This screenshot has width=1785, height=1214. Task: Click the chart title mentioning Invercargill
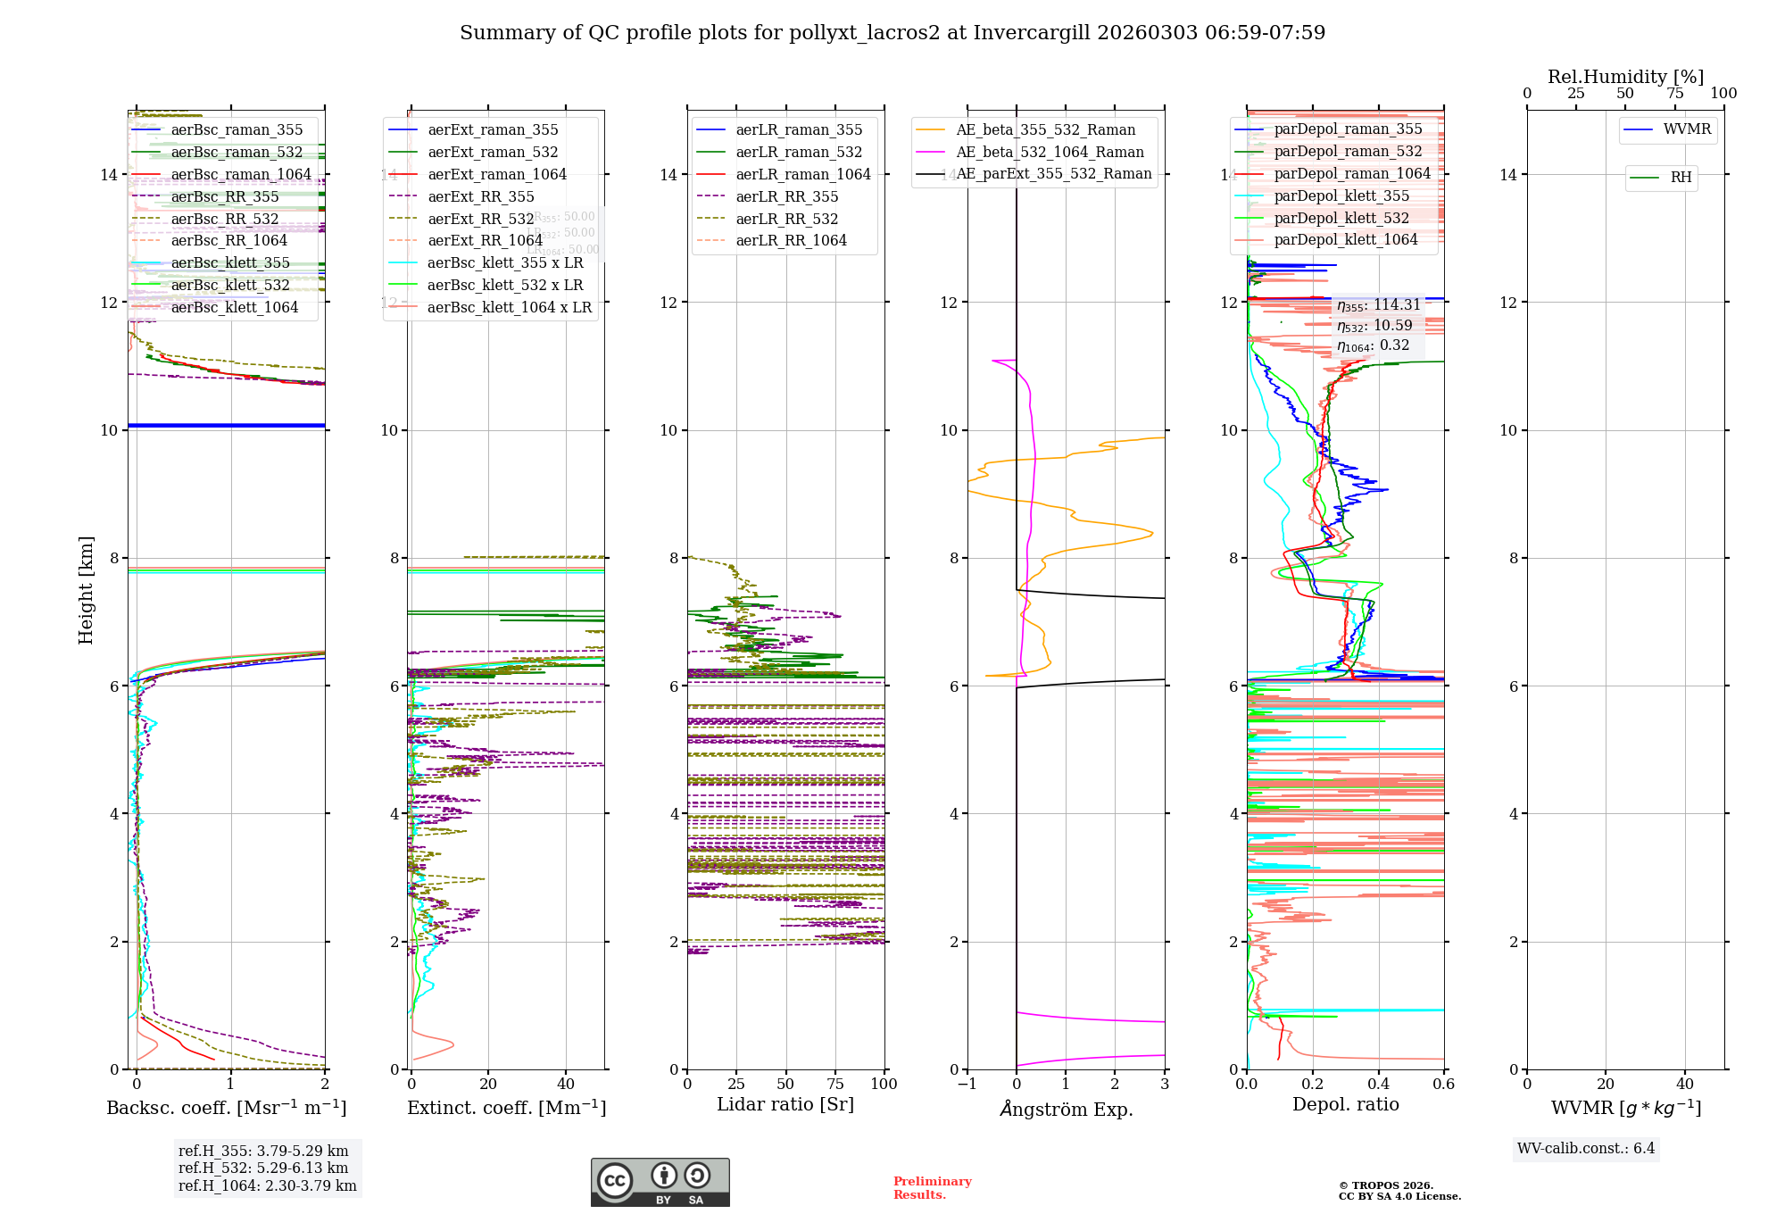(x=892, y=33)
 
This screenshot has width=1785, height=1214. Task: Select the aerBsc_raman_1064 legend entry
(x=241, y=175)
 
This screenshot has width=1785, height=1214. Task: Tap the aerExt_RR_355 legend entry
(x=481, y=197)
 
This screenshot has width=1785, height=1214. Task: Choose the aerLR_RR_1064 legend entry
(x=791, y=241)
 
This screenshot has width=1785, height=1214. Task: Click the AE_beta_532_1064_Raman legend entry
(x=1050, y=153)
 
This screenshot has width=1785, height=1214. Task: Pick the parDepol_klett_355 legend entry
(x=1341, y=196)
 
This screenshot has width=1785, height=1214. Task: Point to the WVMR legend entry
(x=1687, y=129)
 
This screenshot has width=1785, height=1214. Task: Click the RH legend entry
(x=1681, y=178)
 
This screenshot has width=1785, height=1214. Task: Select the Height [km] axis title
(x=86, y=590)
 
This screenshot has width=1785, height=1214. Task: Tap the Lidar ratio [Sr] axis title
(x=785, y=1105)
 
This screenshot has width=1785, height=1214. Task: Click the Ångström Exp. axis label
(x=1067, y=1110)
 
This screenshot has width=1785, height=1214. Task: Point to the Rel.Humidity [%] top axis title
(x=1625, y=77)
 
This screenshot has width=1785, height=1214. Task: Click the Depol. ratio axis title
(x=1345, y=1105)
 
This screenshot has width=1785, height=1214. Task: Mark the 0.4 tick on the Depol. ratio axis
(x=1378, y=1085)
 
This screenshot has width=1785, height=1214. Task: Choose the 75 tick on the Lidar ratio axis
(x=835, y=1085)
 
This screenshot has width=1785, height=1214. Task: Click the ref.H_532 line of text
(x=263, y=1168)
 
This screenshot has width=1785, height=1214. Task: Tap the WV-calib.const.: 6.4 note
(x=1586, y=1149)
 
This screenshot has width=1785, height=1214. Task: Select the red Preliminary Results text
(x=932, y=1188)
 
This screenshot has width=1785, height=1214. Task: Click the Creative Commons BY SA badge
(x=660, y=1183)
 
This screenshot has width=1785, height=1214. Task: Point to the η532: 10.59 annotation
(x=1374, y=326)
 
